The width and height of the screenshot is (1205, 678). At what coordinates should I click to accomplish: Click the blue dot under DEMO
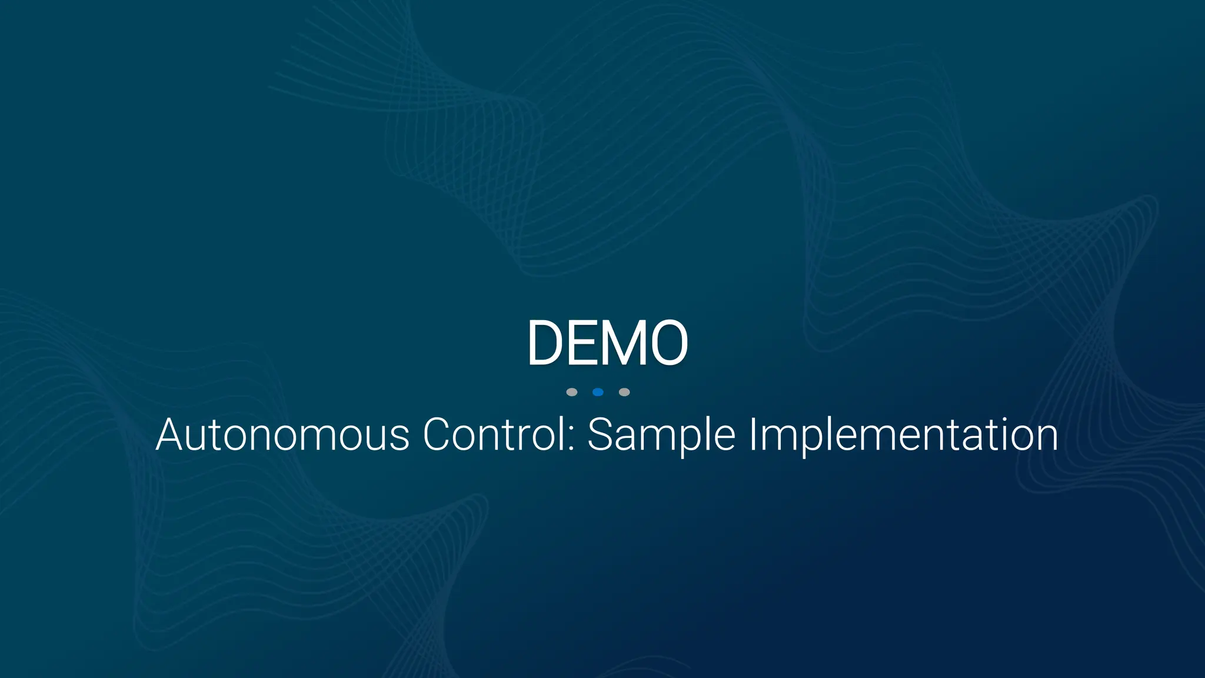point(598,392)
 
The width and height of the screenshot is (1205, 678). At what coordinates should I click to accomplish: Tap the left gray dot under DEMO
point(571,392)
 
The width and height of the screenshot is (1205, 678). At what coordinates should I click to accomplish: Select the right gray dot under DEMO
point(624,392)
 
